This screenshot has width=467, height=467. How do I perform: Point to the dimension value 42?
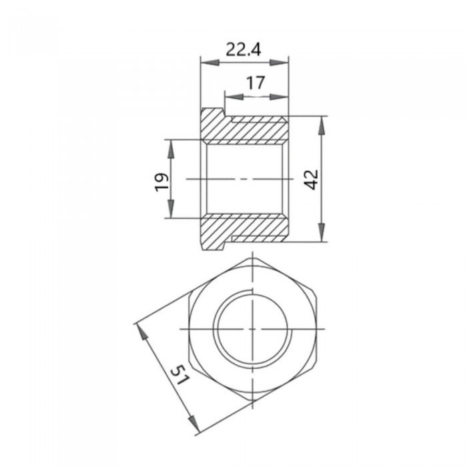tap(312, 179)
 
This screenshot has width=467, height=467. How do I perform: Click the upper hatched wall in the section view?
tap(247, 129)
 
